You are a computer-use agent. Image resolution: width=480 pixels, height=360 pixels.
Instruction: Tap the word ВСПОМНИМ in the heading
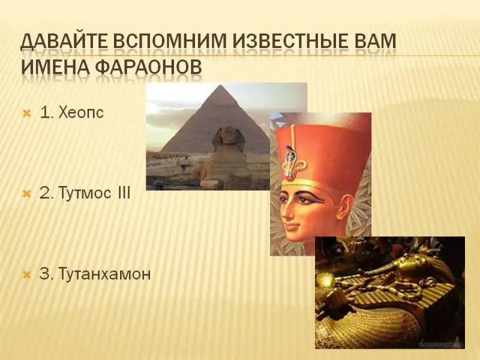tap(170, 41)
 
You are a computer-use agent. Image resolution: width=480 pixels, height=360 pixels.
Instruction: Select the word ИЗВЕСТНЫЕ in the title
tap(290, 41)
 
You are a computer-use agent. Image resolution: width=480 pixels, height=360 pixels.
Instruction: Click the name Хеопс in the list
tap(81, 113)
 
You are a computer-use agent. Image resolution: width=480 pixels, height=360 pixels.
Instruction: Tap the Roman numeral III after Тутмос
tap(124, 193)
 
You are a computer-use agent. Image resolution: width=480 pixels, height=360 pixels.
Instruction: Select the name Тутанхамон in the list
tap(104, 274)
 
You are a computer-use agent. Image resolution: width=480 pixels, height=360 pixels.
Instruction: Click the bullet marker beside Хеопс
tap(27, 114)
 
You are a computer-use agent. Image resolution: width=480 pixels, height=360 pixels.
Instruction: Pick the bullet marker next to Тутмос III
tap(27, 194)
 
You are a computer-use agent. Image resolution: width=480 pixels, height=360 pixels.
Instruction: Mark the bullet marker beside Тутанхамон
tap(27, 274)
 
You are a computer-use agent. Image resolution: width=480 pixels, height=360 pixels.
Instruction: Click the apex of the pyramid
tap(219, 86)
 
